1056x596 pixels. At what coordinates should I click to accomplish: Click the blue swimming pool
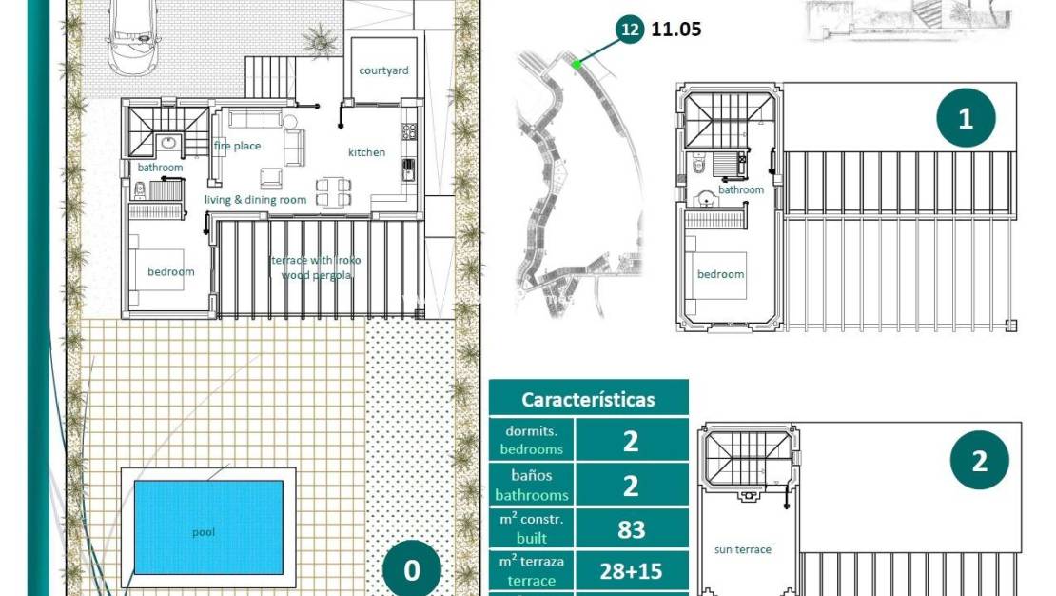[208, 526]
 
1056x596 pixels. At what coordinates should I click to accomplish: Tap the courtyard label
[383, 70]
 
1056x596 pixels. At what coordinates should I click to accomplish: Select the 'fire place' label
[237, 146]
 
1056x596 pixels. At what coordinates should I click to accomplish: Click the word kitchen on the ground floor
[366, 152]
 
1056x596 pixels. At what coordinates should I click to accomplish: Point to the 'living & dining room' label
[255, 200]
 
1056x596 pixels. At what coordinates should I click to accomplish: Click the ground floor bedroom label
[170, 271]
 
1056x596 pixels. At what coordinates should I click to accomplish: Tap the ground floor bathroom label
[160, 168]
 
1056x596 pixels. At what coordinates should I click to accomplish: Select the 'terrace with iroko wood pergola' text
[316, 268]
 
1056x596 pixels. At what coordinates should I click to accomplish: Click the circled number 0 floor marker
[412, 569]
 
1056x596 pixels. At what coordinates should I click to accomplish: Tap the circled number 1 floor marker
[966, 119]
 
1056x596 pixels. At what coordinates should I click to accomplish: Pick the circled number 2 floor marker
[979, 461]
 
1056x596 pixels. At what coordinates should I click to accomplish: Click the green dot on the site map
[577, 65]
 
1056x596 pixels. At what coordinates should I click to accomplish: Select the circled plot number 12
[629, 30]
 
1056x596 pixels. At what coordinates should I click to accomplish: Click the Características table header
[588, 399]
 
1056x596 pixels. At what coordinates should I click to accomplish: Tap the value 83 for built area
[631, 529]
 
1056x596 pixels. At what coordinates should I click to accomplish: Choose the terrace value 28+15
[631, 571]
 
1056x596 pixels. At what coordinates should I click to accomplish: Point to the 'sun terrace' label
[742, 549]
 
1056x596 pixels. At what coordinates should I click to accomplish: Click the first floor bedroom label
[720, 274]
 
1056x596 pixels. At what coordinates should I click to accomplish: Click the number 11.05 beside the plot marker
[676, 30]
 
